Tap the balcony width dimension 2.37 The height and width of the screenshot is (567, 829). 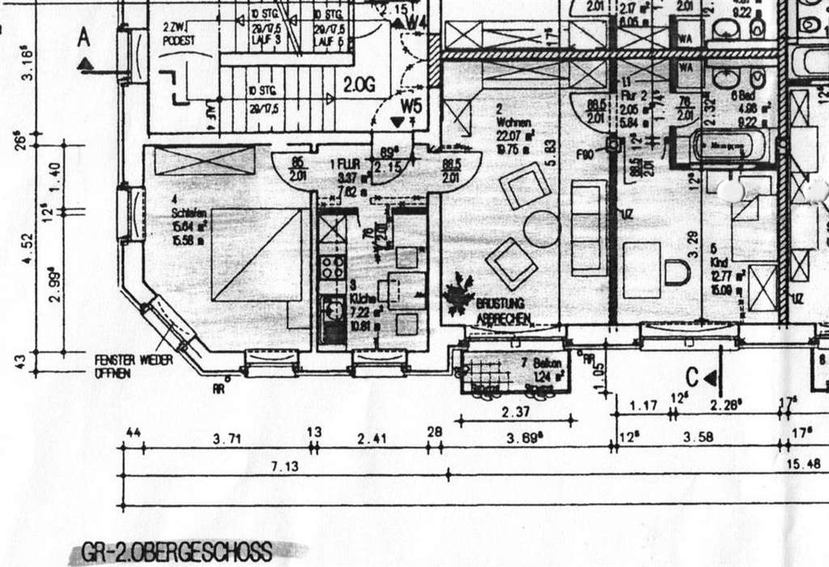click(516, 411)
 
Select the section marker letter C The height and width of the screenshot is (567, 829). click(692, 376)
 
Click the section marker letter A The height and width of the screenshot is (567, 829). click(83, 37)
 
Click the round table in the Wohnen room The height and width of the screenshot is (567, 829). click(542, 230)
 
